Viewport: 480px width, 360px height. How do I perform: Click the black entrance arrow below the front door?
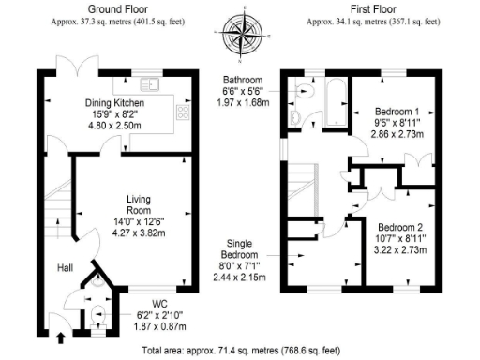62,335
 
